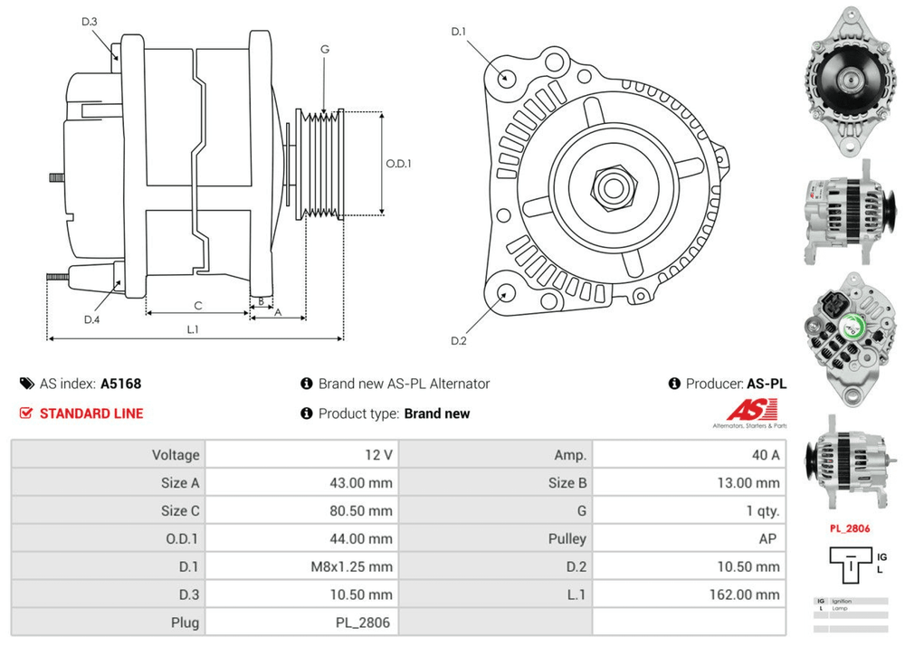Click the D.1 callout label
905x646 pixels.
(x=458, y=33)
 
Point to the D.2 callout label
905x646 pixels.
(x=458, y=340)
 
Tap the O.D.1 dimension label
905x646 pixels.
(x=398, y=164)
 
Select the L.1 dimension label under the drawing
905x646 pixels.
(x=193, y=329)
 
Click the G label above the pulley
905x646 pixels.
(x=324, y=49)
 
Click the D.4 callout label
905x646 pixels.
(x=91, y=318)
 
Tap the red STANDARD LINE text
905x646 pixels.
(x=90, y=413)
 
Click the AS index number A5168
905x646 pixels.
(x=120, y=383)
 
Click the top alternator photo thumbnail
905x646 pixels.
(x=849, y=78)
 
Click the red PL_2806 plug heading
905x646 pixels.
(x=850, y=528)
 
